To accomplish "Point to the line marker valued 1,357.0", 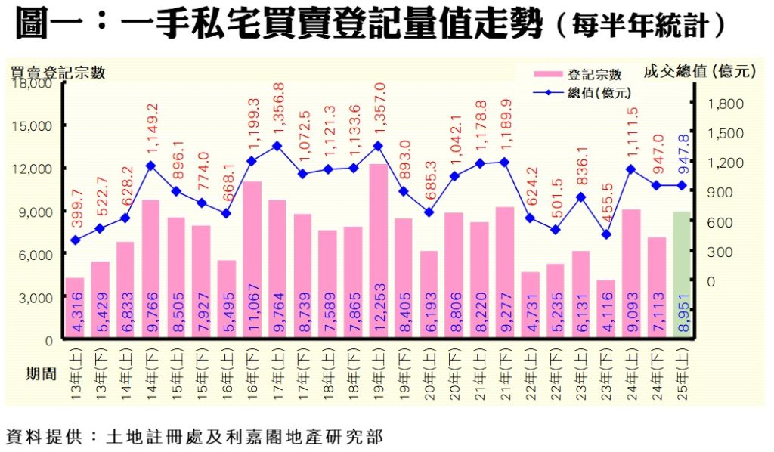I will tap(378, 146).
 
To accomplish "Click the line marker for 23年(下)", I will tap(605, 234).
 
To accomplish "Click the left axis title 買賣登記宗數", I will tap(57, 73).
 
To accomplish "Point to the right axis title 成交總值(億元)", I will tap(699, 71).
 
